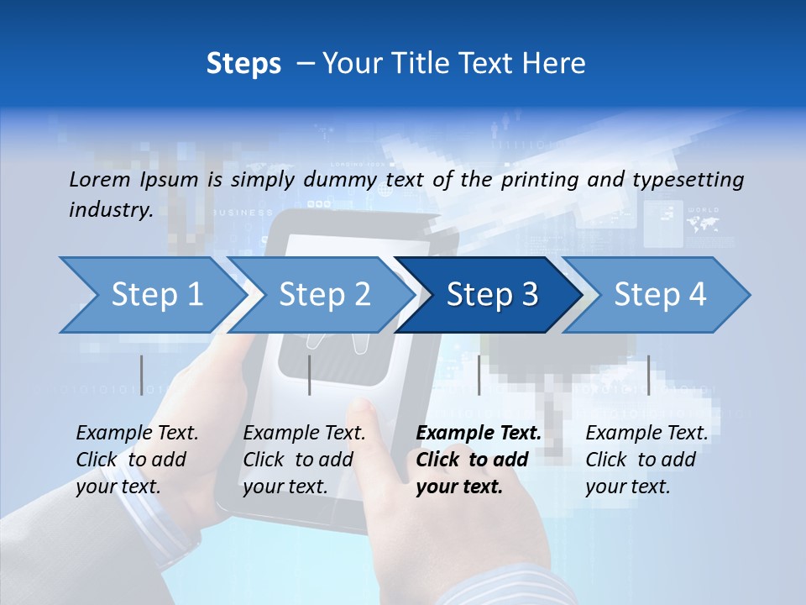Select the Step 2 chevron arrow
coord(324,294)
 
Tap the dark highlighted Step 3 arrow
coord(492,294)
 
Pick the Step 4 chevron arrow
coord(660,294)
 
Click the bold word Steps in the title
coord(243,64)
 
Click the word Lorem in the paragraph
coord(99,179)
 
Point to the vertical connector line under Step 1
coord(141,375)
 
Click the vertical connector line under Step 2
coord(310,375)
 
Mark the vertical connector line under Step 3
coord(479,375)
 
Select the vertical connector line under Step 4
coord(648,375)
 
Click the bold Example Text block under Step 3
coord(479,460)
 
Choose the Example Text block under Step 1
coord(137,460)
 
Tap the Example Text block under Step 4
coord(646,460)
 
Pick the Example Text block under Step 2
coord(304,460)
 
